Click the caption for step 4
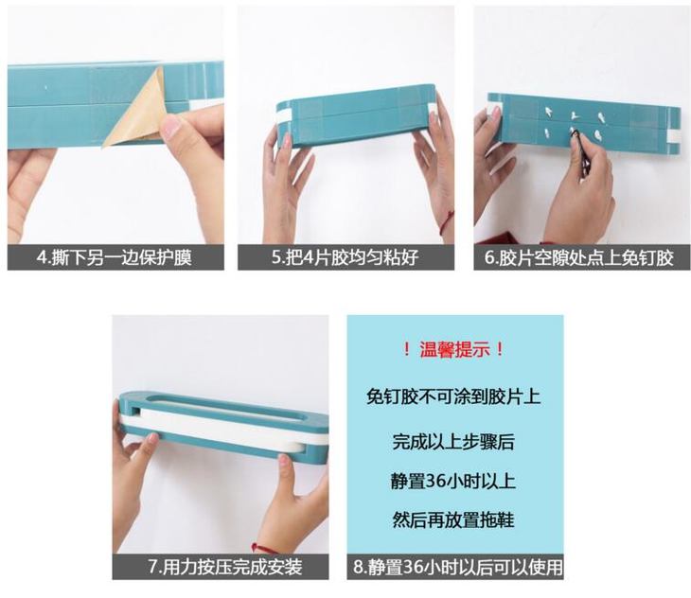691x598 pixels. (115, 257)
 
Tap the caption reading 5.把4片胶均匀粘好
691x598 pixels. (345, 257)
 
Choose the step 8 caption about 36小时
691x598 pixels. (458, 567)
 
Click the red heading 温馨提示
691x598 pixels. (454, 350)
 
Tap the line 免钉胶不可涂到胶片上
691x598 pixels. (453, 396)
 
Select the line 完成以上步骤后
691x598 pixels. (453, 442)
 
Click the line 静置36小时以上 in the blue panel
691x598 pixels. (453, 481)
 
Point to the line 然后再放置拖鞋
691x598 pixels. (453, 519)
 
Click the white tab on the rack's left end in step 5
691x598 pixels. (283, 116)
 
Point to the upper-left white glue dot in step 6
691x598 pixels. (549, 111)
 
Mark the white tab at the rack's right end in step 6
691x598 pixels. (674, 136)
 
